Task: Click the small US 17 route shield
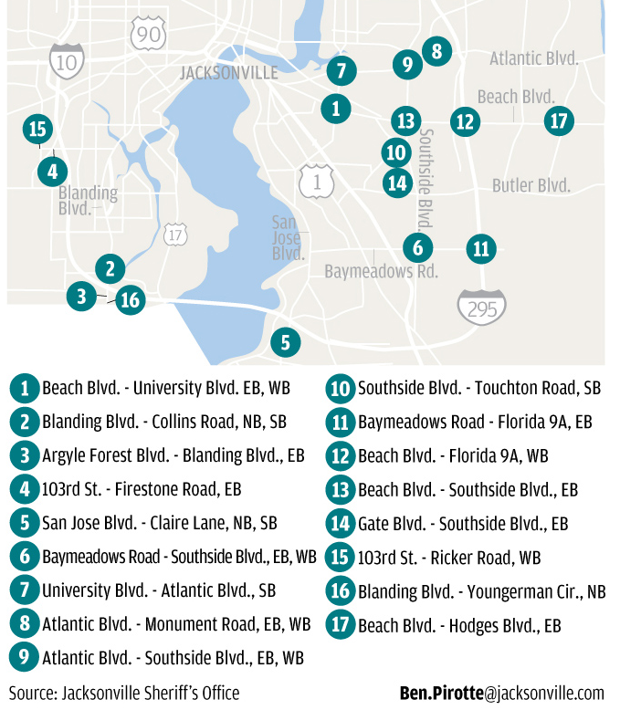point(176,235)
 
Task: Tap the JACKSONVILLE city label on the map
point(228,74)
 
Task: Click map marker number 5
point(285,342)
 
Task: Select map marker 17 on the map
point(559,120)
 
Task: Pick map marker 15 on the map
point(37,130)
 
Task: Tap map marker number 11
point(480,247)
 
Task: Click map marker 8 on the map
point(436,51)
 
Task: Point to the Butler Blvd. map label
point(531,185)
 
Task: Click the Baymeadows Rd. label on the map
point(382,271)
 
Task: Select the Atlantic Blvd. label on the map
point(534,58)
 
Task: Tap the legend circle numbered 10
point(341,388)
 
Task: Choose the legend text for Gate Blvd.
point(463,524)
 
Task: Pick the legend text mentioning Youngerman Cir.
point(481,591)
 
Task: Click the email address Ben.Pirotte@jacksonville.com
point(502,694)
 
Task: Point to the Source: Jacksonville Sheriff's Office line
point(124,694)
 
